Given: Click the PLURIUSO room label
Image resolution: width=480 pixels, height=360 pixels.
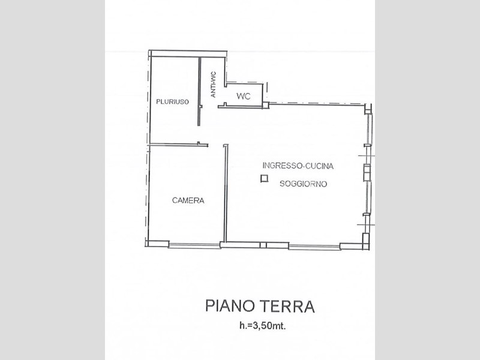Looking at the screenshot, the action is coord(172,101).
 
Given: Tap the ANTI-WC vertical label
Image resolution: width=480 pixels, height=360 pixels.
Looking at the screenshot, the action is coord(214,85).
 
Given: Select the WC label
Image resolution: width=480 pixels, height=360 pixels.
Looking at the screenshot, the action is coord(244,96).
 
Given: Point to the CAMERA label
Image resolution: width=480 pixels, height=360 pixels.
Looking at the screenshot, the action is coord(188,200).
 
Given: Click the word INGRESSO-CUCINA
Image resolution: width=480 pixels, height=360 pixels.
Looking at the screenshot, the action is coord(298,166).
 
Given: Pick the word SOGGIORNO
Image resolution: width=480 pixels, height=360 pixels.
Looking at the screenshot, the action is coord(304,184).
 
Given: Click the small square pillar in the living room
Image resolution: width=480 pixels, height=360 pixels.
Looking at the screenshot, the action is coord(264,178).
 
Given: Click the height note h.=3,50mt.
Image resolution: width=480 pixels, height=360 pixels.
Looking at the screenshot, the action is coord(262,326).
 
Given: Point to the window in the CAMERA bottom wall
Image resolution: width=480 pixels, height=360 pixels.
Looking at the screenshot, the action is coord(194,245).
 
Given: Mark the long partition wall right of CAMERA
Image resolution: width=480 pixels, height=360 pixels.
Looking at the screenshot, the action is coord(226,193).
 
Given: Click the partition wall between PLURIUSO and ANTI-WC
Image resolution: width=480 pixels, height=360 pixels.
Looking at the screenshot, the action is coord(199,91).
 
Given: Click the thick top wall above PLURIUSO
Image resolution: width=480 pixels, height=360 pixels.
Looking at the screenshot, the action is coord(188,53).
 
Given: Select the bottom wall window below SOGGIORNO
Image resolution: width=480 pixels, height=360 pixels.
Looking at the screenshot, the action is coord(314,247).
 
